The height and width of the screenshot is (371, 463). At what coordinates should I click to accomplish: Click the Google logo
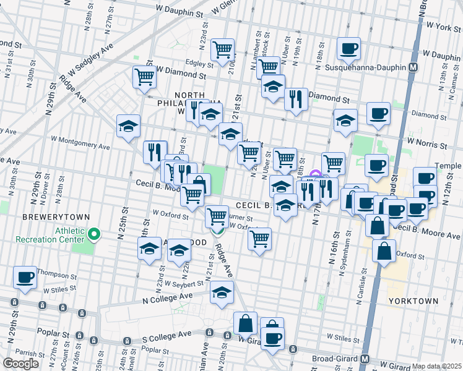pos(20,364)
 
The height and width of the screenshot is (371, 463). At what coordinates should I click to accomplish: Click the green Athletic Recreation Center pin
pos(94,234)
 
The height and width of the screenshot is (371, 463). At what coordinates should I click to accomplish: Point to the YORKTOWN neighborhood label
pos(413,301)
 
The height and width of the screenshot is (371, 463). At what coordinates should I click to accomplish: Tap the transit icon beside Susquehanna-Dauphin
pos(413,67)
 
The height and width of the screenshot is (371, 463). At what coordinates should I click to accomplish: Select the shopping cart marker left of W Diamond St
pos(144,77)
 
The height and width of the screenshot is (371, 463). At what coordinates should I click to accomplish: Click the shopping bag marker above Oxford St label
pos(384,251)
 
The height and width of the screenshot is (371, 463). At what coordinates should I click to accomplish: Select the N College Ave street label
pos(167,298)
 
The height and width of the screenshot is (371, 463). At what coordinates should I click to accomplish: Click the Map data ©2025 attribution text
pos(437,366)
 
